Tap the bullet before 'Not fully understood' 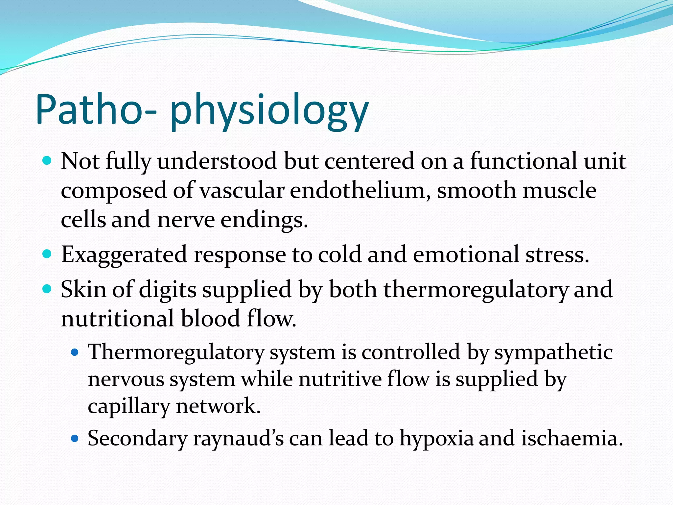47,161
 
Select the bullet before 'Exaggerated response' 47,254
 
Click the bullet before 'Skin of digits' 47,289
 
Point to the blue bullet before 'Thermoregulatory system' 75,353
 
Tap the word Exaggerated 124,255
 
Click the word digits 168,290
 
